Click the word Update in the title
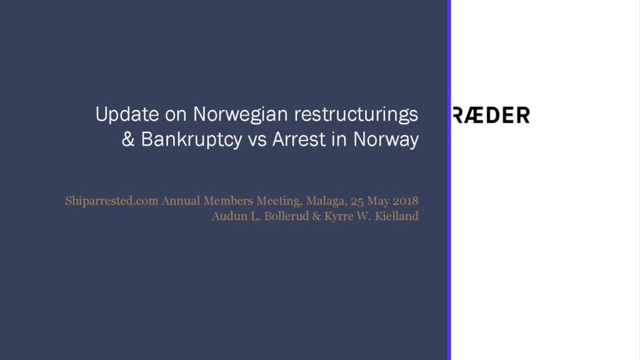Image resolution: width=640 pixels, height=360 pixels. coord(127,115)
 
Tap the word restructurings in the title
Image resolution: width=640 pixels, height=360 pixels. coord(356,115)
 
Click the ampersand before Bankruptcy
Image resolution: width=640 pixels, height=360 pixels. coord(127,139)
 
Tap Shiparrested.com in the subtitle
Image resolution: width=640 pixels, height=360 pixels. coord(111,201)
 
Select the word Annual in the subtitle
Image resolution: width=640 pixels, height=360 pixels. coord(181,201)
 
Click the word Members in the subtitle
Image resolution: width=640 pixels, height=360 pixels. coord(228,201)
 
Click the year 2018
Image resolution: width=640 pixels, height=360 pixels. coord(405,201)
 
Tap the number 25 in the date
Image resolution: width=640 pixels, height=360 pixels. coord(357,201)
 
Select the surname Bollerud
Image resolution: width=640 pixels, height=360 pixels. coord(286,216)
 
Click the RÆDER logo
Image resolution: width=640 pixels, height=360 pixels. coord(491,115)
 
